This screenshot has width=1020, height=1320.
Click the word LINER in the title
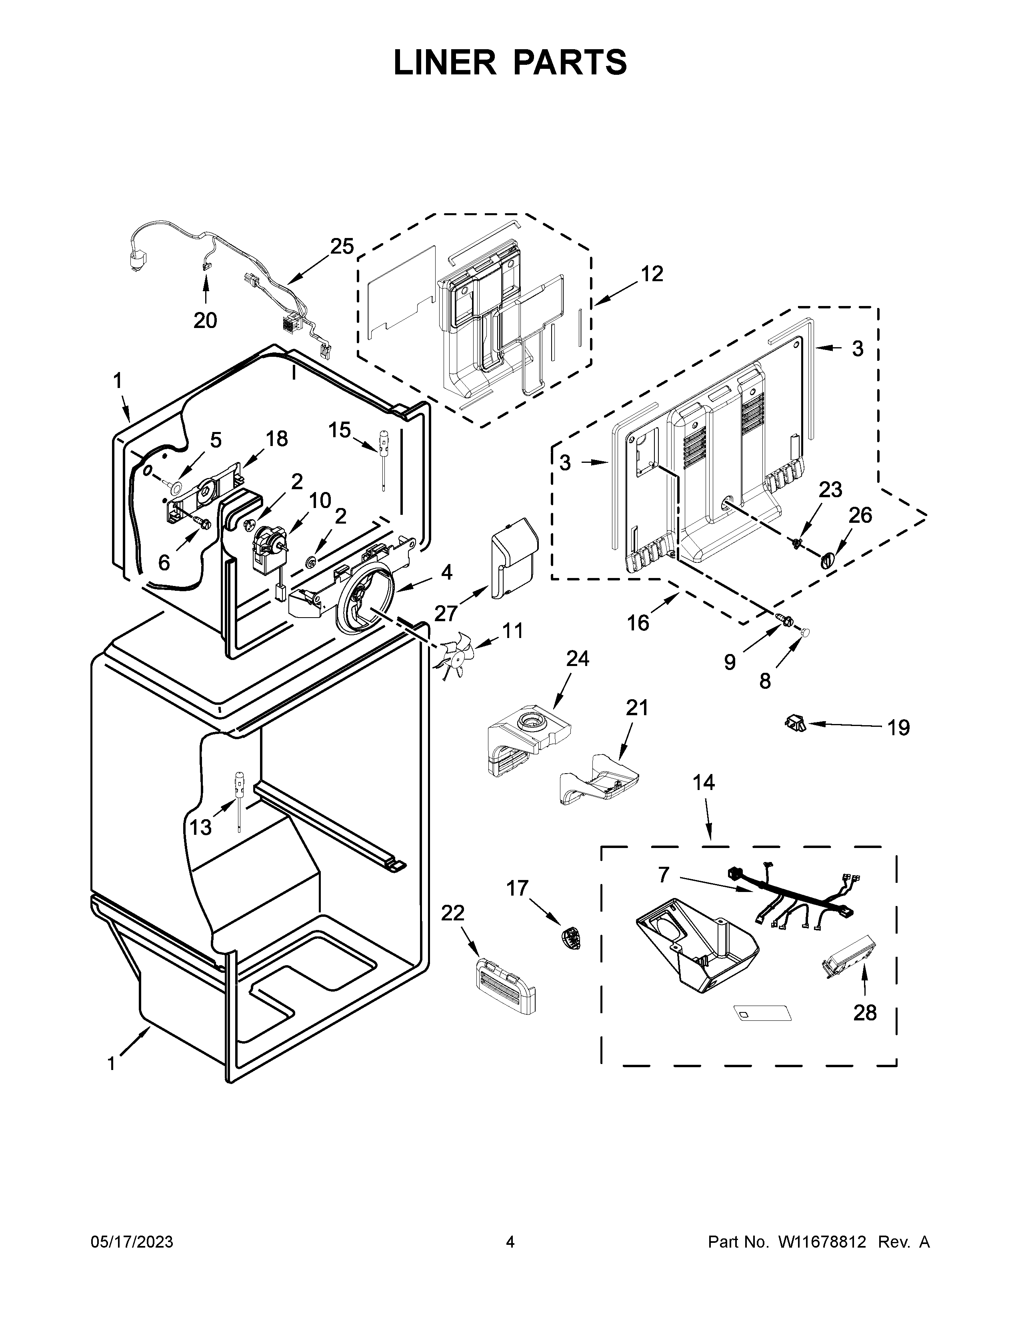tap(444, 62)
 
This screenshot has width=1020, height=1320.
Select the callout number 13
tap(201, 827)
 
